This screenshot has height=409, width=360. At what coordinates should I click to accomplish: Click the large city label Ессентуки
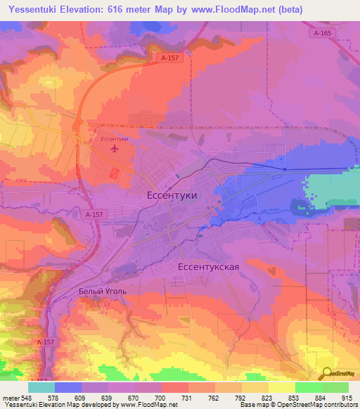pyautogui.click(x=172, y=196)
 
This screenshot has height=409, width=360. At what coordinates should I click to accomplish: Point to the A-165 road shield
pyautogui.click(x=323, y=33)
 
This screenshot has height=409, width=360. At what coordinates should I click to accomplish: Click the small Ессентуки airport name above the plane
pyautogui.click(x=115, y=139)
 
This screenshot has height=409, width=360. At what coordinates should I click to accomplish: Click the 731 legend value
pyautogui.click(x=188, y=398)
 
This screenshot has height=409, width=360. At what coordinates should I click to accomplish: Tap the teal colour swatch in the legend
pyautogui.click(x=41, y=387)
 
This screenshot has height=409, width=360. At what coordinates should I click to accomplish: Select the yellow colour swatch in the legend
pyautogui.click(x=281, y=387)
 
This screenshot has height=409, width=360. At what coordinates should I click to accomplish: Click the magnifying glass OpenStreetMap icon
pyautogui.click(x=327, y=375)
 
